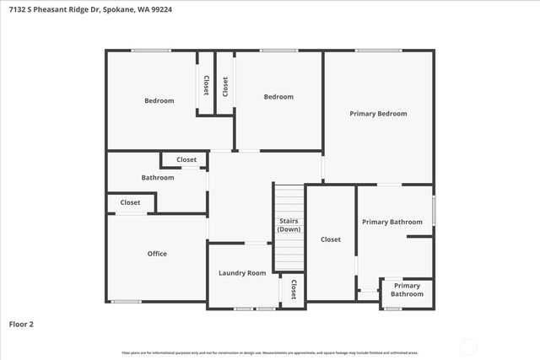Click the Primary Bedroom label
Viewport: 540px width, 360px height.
coord(379,114)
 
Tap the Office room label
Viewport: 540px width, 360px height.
coord(157,254)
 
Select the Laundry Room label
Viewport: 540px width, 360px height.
coord(242,273)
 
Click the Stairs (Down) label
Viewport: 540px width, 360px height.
coord(289,225)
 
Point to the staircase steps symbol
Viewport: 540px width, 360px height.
coord(289,202)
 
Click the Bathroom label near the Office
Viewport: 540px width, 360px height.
coord(158,178)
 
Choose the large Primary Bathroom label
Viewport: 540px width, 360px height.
coord(392,222)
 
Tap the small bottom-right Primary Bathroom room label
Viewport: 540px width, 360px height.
coord(407,290)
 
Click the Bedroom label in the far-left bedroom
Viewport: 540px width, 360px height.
coord(159,101)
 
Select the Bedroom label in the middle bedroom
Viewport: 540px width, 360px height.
coord(278,97)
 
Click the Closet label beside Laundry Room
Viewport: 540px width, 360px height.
coord(294,289)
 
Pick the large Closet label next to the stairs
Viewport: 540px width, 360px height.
coord(331,239)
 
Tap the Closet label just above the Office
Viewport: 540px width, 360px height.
coord(130,202)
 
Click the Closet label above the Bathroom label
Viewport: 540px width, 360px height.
coord(186,159)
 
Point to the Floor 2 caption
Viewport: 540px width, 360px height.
coord(22,324)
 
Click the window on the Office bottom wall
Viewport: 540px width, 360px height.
coord(127,301)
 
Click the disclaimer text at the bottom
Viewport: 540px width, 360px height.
coord(269,352)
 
